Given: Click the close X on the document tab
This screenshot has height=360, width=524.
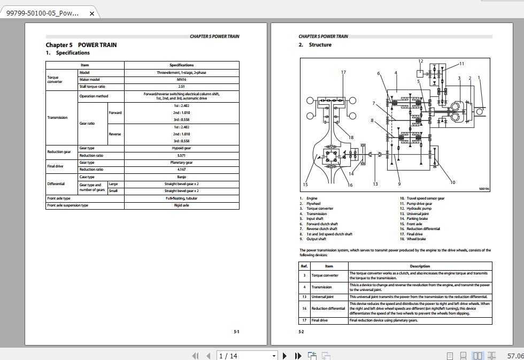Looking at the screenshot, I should (91, 13).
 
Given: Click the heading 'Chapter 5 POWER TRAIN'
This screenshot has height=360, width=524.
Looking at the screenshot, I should (81, 45).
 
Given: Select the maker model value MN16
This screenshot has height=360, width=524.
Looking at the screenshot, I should (181, 79).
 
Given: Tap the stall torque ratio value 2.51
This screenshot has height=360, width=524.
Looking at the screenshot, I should (181, 86).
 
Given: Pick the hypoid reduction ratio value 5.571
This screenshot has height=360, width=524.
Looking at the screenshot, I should (181, 155).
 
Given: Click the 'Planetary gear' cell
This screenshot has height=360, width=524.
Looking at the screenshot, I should (181, 162).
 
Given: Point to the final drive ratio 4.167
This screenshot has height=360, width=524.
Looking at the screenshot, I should (181, 169).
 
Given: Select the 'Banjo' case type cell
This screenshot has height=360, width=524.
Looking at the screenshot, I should (181, 177).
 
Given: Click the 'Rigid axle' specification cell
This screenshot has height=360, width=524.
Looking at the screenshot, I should (181, 205).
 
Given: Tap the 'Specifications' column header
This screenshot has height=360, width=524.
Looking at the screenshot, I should (181, 65).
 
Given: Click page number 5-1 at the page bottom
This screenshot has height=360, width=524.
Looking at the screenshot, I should (236, 332).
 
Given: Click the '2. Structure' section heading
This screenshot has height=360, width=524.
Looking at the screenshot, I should (315, 45).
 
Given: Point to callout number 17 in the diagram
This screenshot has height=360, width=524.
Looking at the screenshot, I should (343, 72).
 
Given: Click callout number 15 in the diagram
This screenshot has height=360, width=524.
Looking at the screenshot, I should (305, 185).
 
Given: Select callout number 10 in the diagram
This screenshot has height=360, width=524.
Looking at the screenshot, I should (453, 182).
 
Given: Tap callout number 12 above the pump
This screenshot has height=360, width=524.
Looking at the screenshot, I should (421, 62).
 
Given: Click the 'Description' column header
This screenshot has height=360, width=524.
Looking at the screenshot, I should (420, 266).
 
